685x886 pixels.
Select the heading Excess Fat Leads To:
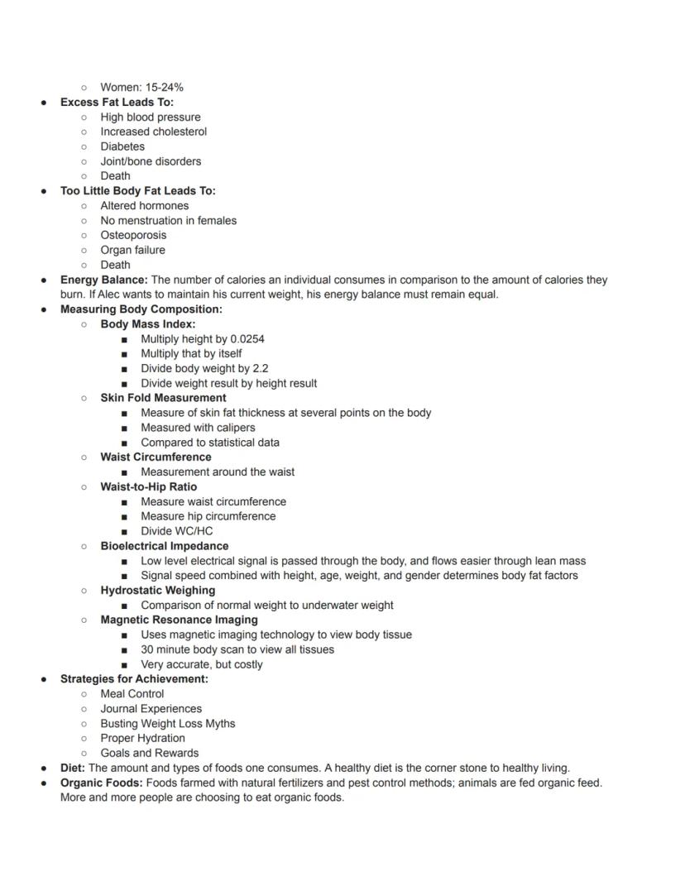[117, 102]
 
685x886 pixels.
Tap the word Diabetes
[122, 146]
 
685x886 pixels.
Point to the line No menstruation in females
[168, 220]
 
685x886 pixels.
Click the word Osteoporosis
[133, 235]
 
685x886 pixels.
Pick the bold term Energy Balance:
[103, 280]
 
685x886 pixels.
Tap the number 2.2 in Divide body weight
[260, 368]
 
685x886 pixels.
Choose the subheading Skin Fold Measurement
[163, 398]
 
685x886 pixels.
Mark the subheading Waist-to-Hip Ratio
[149, 486]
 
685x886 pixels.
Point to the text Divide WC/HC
[176, 531]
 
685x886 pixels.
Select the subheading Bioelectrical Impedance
[165, 546]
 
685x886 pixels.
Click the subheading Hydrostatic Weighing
[157, 590]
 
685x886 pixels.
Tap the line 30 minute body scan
[237, 649]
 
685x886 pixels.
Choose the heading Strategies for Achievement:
[134, 678]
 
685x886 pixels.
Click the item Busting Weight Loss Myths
[168, 723]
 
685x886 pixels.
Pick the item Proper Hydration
[142, 738]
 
